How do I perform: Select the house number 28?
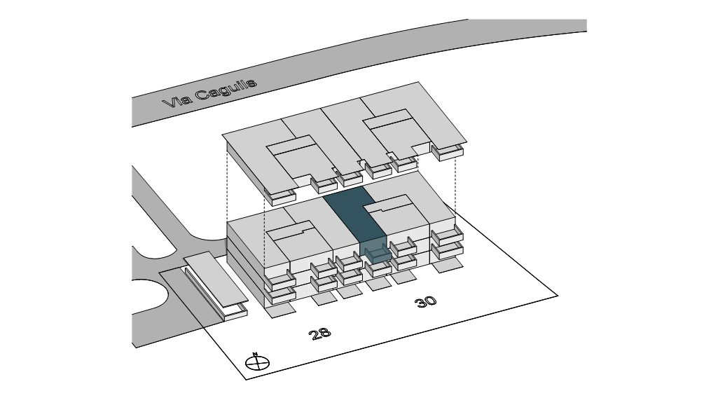point(320,333)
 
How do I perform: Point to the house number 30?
point(425,301)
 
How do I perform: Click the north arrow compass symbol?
point(258,362)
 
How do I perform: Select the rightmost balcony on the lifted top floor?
point(449,151)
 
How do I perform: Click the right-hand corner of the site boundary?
point(558,295)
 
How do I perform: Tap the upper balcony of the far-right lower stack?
point(447,236)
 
